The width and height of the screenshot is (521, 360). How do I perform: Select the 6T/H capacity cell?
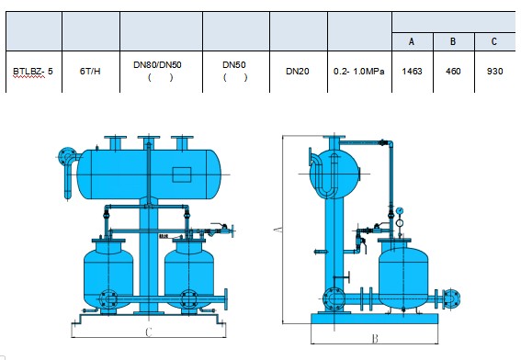click(90, 72)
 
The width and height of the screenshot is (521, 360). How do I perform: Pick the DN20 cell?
click(298, 72)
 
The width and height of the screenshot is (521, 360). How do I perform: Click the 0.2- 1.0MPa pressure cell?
click(359, 72)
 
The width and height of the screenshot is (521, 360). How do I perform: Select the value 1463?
click(412, 72)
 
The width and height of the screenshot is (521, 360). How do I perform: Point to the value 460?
click(453, 72)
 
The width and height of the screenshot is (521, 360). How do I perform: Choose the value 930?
click(494, 72)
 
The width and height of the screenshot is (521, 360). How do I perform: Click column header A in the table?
click(412, 42)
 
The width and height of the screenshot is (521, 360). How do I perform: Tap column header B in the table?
click(453, 42)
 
